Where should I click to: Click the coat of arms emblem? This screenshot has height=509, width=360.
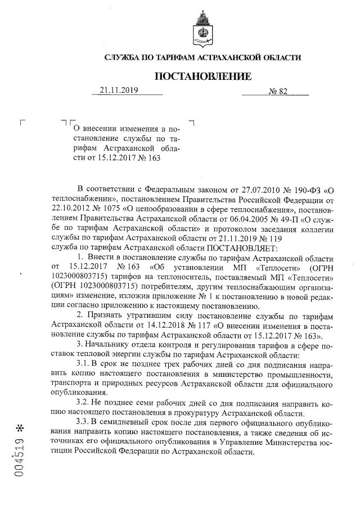click(x=203, y=28)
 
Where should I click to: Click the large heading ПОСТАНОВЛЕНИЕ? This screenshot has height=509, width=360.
click(x=203, y=76)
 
